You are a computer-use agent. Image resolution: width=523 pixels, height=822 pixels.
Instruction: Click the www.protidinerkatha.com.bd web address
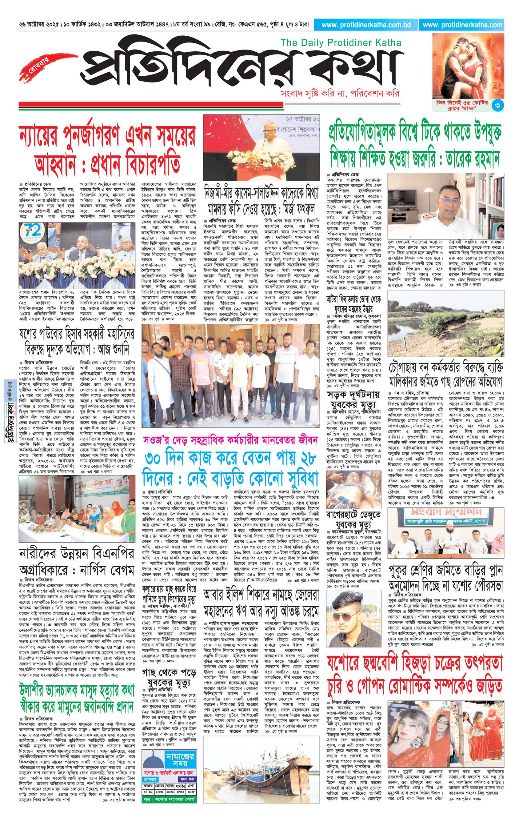click(365, 25)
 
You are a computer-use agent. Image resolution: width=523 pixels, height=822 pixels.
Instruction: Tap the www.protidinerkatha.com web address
click(462, 25)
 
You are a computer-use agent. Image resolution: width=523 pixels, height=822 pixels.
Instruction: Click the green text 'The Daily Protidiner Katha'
click(341, 43)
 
